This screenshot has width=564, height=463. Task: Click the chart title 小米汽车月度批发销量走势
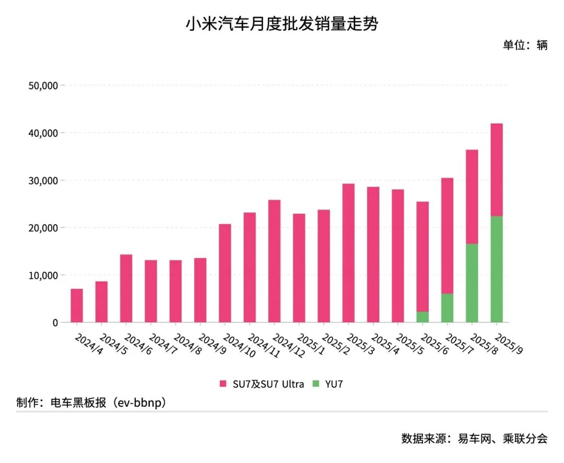click(281, 24)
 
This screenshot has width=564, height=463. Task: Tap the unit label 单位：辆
click(525, 45)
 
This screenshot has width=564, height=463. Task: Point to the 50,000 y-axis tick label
click(43, 86)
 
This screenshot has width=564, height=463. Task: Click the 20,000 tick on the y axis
click(43, 228)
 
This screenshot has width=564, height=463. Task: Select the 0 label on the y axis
click(55, 323)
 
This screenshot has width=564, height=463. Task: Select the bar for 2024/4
click(77, 306)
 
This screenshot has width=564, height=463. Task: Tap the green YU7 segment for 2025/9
click(497, 269)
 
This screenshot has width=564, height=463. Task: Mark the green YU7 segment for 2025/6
click(422, 317)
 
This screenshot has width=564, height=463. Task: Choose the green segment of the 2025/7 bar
click(447, 308)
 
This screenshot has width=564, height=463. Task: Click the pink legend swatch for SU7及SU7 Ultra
click(223, 384)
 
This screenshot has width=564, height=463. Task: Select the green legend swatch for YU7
click(315, 384)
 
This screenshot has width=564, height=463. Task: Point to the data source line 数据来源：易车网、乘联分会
click(474, 438)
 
